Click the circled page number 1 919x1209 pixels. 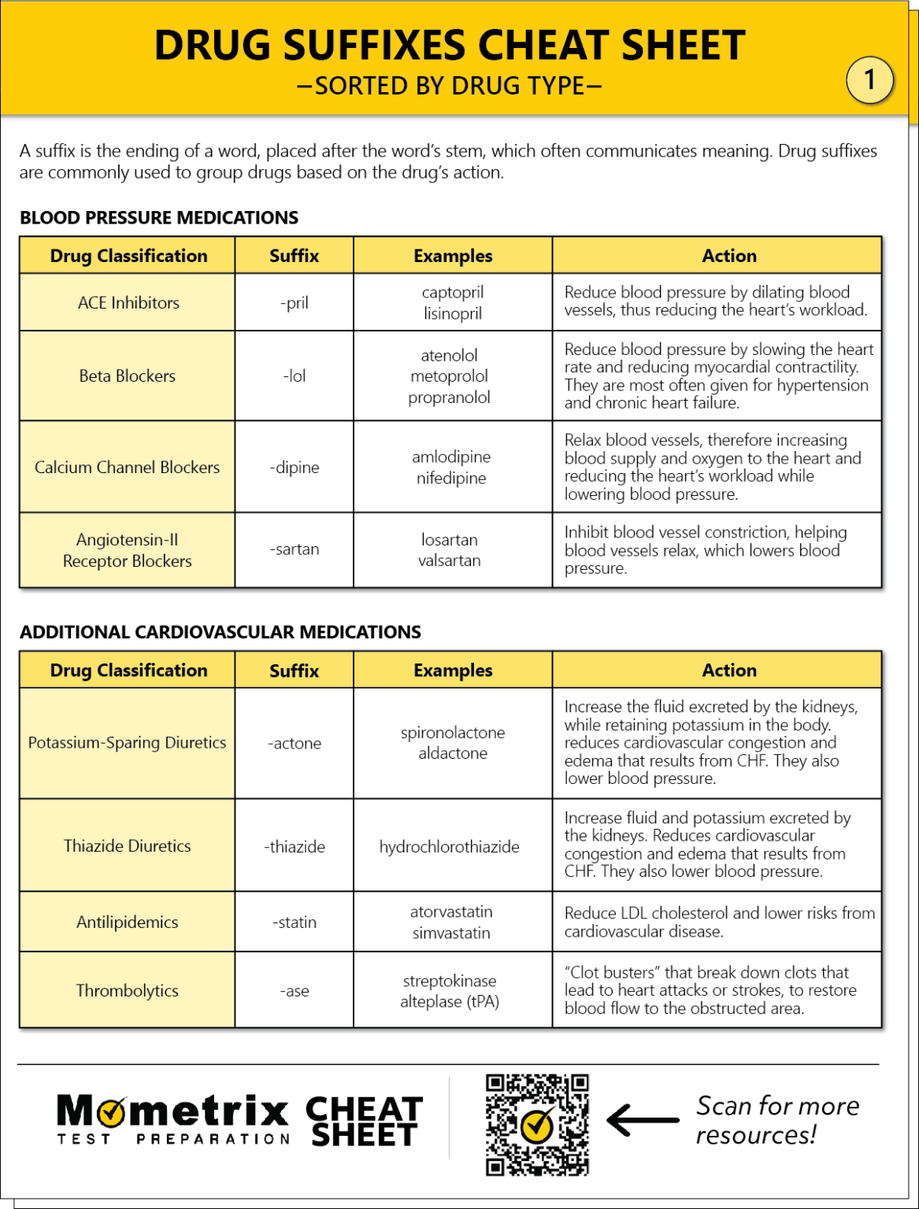tap(869, 79)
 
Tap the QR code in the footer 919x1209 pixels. tap(537, 1125)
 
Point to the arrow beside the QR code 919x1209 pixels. tap(643, 1119)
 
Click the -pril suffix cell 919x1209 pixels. tap(295, 303)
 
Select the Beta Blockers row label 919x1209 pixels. tap(128, 376)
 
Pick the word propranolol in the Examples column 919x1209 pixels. tap(449, 397)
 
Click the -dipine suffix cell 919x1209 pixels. tap(295, 468)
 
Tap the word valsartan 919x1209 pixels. tap(449, 560)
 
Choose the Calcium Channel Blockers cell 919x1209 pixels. tap(128, 468)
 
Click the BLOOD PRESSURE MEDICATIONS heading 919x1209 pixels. tap(159, 218)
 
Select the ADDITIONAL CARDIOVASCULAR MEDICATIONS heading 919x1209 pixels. tap(220, 632)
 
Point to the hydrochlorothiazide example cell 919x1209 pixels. tap(449, 847)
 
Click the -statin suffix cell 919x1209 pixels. tap(295, 922)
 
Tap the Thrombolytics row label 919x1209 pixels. tap(128, 991)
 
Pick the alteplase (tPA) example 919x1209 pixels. tap(449, 1002)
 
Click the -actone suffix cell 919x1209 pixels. tap(295, 744)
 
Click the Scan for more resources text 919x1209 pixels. tap(776, 1120)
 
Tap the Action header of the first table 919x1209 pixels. tap(729, 256)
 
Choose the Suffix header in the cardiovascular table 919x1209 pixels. tap(295, 671)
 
